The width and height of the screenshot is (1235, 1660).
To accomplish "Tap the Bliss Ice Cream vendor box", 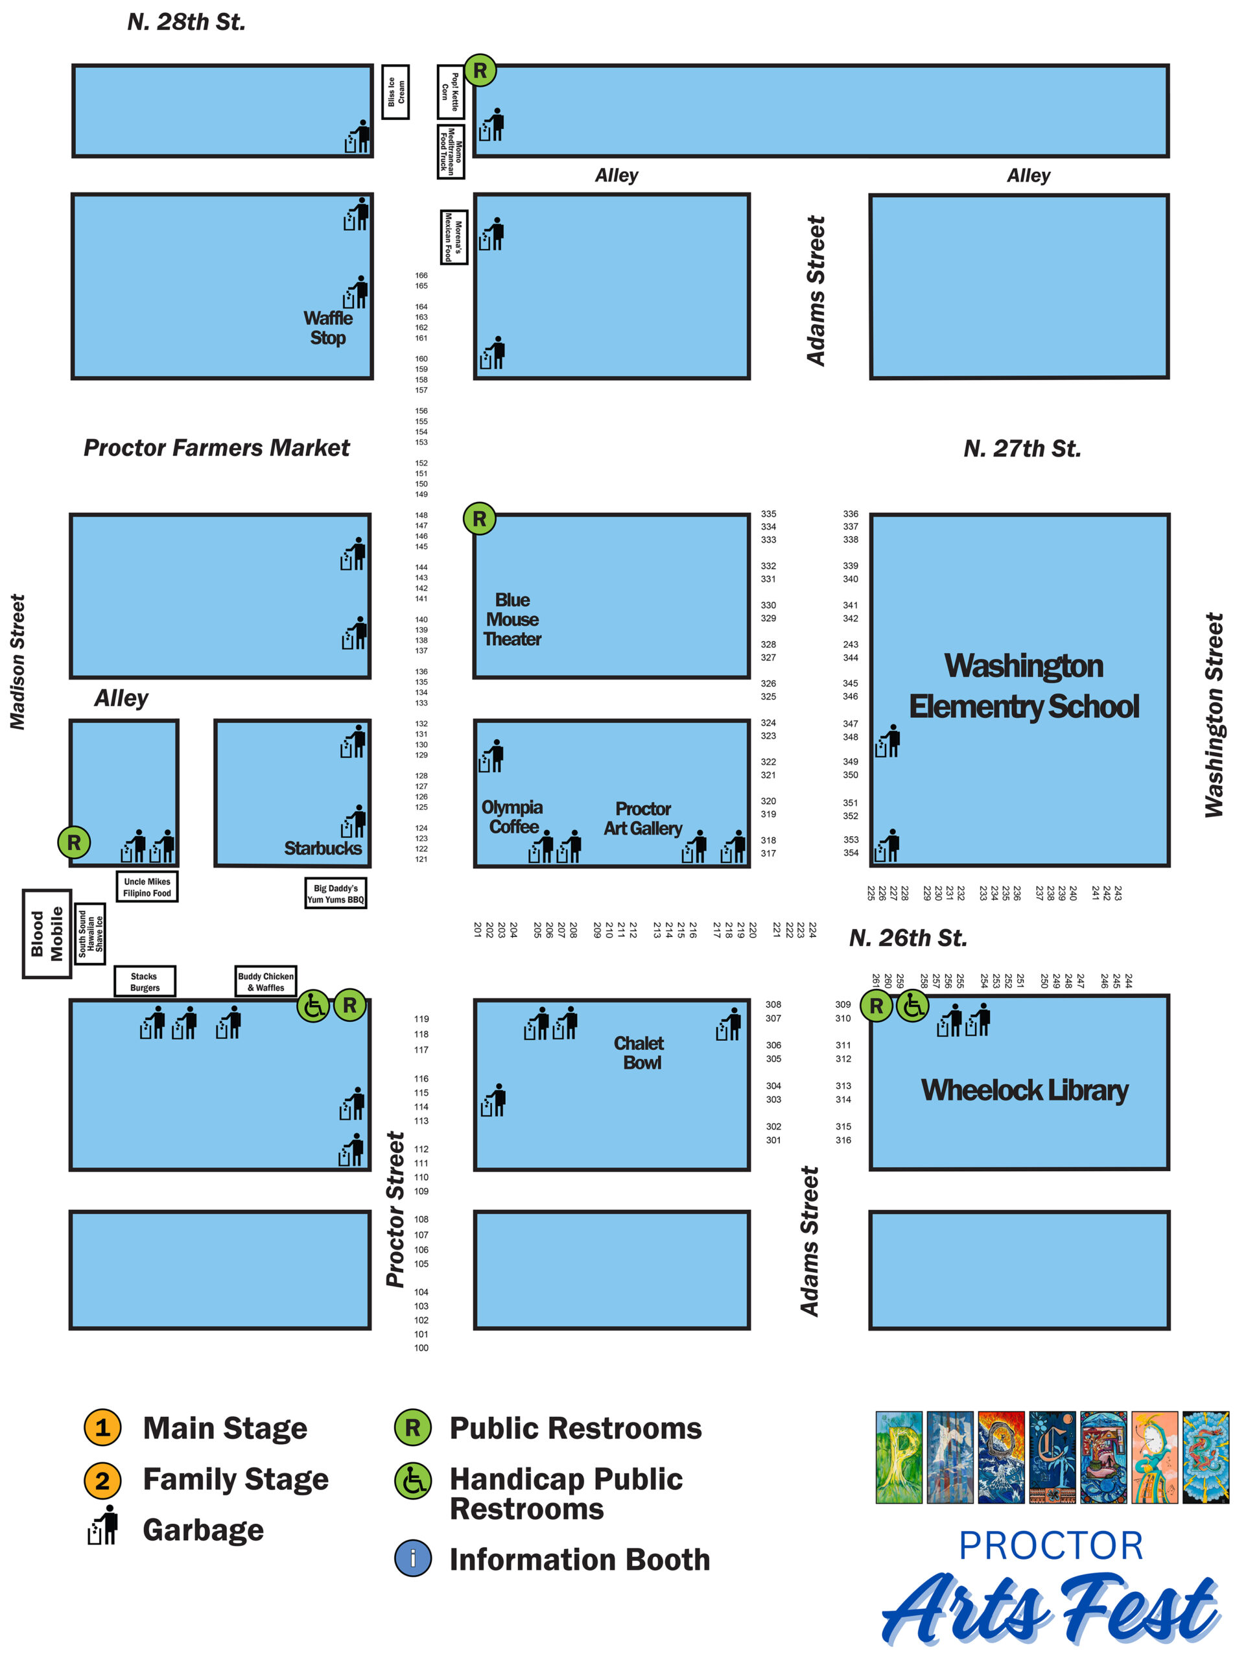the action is (395, 92).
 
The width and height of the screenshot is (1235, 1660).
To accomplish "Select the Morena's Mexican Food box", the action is (454, 237).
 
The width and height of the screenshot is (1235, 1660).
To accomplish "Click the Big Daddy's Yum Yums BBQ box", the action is (336, 894).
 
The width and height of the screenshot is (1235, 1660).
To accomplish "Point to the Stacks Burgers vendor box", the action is (145, 981).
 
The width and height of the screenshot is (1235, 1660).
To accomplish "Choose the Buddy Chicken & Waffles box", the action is (266, 981).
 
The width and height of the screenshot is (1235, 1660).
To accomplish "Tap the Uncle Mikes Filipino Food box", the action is (147, 887).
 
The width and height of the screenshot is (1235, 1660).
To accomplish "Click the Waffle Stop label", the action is (328, 327).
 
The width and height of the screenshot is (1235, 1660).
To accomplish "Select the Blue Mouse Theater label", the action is (512, 619).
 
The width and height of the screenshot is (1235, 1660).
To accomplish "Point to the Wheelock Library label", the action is (1024, 1089).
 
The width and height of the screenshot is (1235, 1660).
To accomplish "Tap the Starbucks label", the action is (323, 848).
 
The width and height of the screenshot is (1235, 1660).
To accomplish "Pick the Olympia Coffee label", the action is (512, 816).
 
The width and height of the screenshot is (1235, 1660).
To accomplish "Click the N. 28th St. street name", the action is (186, 21).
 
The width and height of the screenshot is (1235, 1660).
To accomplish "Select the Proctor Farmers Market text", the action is (216, 447).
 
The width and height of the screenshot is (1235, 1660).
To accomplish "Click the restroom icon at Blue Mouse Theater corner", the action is (480, 518).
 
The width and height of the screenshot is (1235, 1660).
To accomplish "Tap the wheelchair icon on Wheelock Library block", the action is (913, 1006).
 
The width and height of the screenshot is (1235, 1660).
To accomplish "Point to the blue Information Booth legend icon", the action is (413, 1559).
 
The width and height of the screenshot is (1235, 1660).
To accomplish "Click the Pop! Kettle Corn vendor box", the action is (451, 92).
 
